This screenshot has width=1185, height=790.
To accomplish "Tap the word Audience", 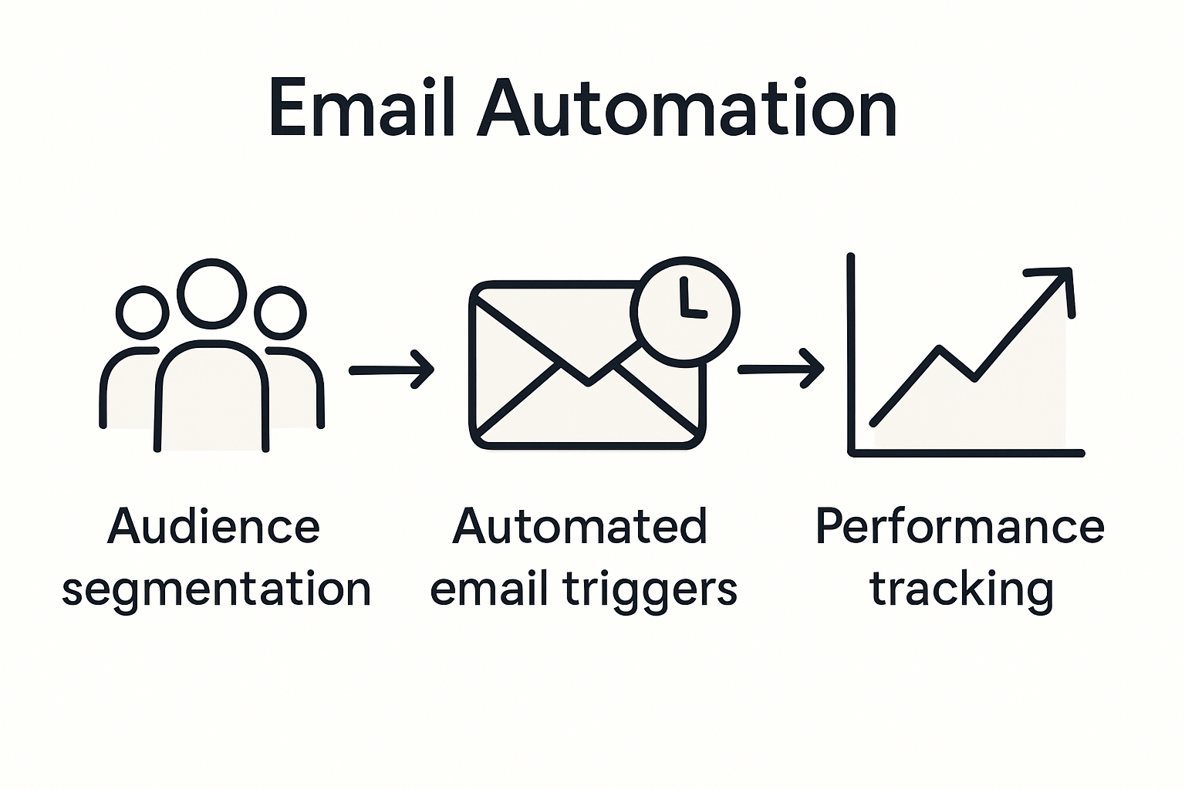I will point(213,527).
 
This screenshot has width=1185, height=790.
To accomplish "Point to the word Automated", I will point(579,527).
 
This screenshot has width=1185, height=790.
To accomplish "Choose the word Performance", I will point(960,527).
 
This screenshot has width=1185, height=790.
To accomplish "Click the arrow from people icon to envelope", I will point(391,370).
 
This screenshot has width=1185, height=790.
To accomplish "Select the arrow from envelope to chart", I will point(780,370).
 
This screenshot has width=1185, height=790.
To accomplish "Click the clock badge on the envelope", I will point(685,310).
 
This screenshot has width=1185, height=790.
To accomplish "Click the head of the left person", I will point(142,312).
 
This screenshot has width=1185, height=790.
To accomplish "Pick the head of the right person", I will point(281,312).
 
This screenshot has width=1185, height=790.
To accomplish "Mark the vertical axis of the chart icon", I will point(851,355).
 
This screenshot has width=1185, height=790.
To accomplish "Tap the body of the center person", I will point(212,401).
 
